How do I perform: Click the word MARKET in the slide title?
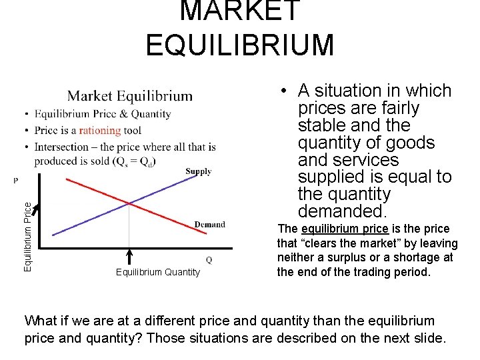click(x=239, y=11)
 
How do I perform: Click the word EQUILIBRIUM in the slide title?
click(x=239, y=45)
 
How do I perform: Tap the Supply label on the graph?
click(x=198, y=172)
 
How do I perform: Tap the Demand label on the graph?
click(x=209, y=225)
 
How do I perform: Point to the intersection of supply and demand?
click(x=129, y=203)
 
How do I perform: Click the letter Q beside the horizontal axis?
click(x=209, y=259)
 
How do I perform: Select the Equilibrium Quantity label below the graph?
click(x=157, y=271)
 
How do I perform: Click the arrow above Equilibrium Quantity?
click(x=129, y=257)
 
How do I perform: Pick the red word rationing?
click(x=100, y=131)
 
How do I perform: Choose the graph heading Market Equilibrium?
click(x=129, y=97)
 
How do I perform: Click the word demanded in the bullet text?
click(x=341, y=211)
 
